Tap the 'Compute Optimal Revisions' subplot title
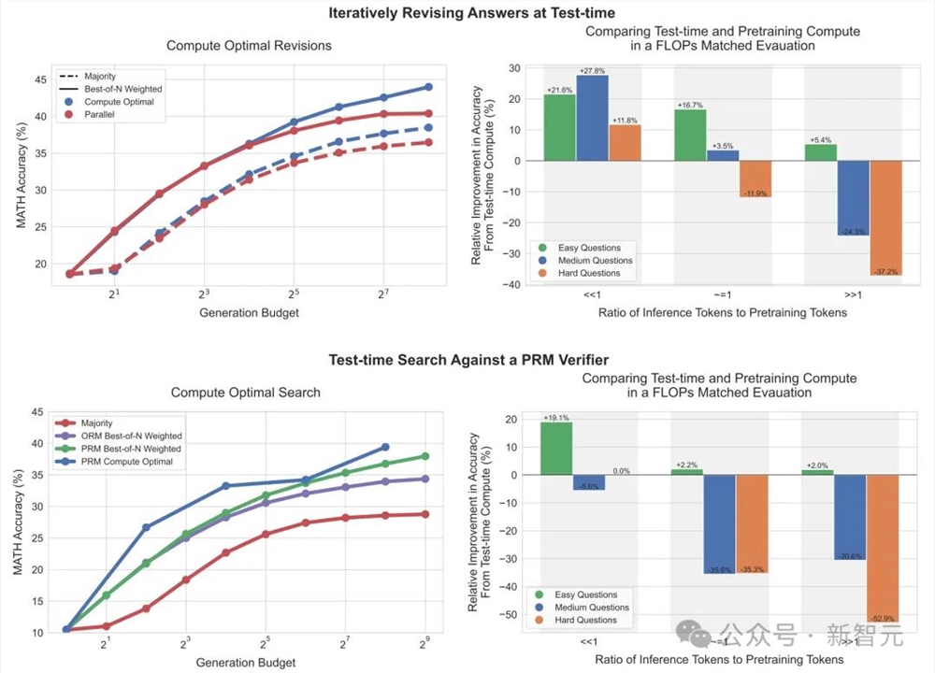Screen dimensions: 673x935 pyautogui.click(x=249, y=45)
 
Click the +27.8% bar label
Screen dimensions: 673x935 pyautogui.click(x=592, y=71)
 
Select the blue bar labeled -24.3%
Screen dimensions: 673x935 pyautogui.click(x=853, y=197)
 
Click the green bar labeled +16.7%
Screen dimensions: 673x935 pyautogui.click(x=690, y=135)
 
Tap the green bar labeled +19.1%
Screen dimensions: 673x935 pyautogui.click(x=557, y=449)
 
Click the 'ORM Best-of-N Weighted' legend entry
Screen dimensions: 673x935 pyautogui.click(x=131, y=436)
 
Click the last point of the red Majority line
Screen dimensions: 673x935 pyautogui.click(x=425, y=514)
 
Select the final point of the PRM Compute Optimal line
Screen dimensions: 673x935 pyautogui.click(x=385, y=447)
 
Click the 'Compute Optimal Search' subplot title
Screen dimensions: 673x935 pyautogui.click(x=246, y=393)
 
